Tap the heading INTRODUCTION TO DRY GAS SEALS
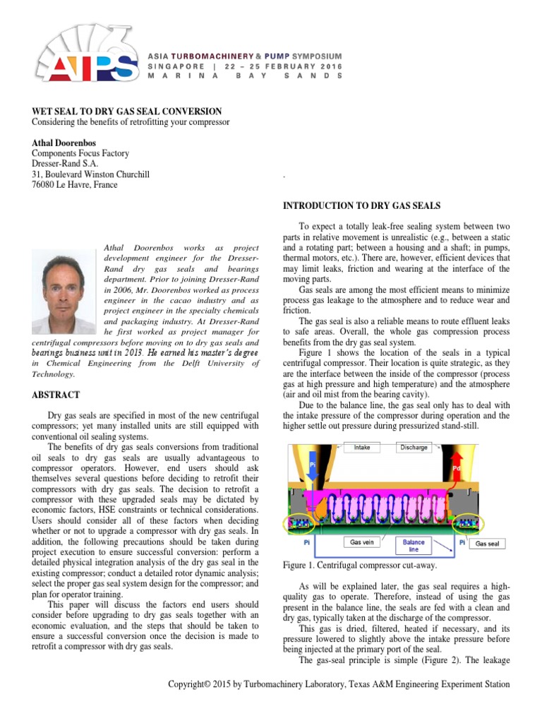pyautogui.click(x=361, y=205)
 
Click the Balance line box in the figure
pyautogui.click(x=414, y=546)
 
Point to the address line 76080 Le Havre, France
pyautogui.click(x=75, y=185)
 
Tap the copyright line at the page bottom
pyautogui.click(x=338, y=685)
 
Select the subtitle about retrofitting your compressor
pyautogui.click(x=131, y=122)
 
